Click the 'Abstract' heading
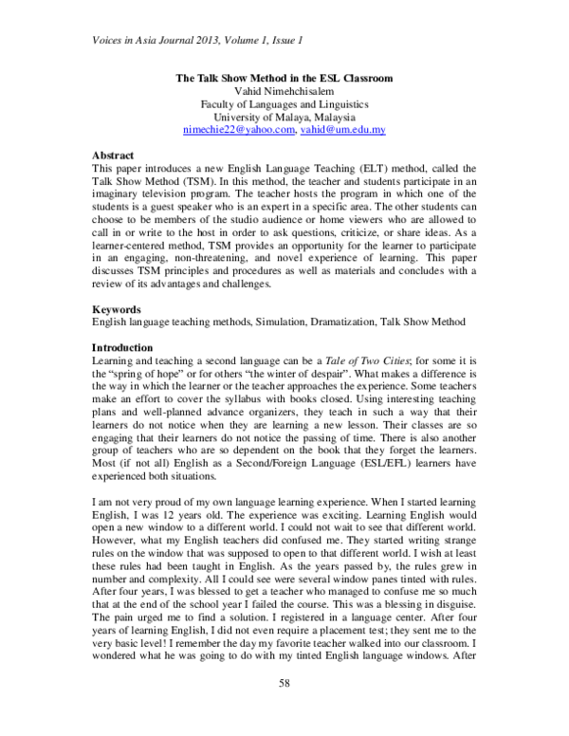[113, 154]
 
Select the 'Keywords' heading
[117, 308]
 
